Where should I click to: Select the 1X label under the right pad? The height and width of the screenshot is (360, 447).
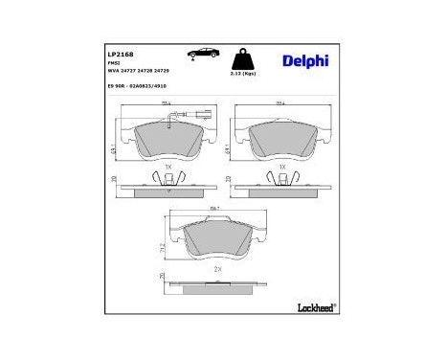click(280, 166)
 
